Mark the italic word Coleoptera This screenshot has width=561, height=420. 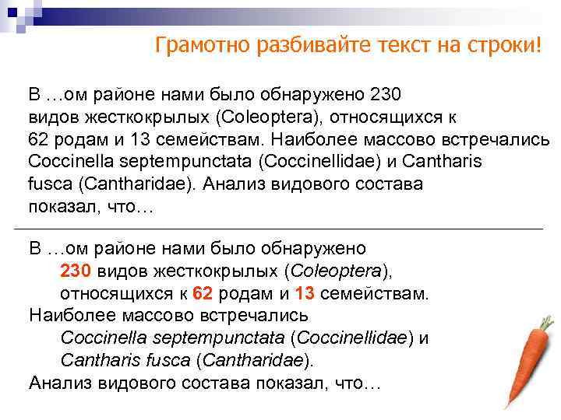(339, 271)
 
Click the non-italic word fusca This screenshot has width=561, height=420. (47, 185)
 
